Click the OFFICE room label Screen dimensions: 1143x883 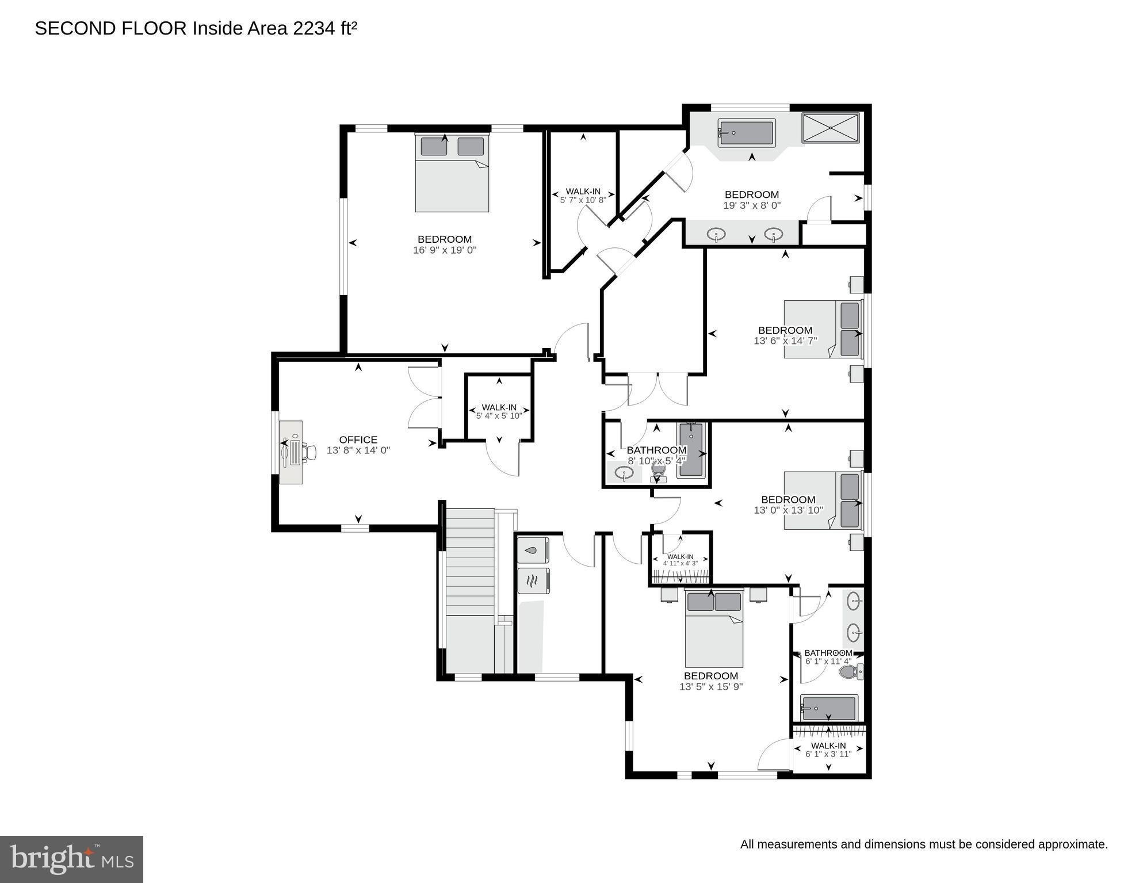358,440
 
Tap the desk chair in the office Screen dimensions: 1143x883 309,452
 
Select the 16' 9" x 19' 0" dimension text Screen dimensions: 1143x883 445,250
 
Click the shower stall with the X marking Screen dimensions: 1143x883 831,128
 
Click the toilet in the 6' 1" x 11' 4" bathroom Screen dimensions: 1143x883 851,671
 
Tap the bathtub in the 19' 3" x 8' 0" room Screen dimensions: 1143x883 746,133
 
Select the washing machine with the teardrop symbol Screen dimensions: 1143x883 533,550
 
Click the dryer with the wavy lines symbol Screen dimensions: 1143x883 533,580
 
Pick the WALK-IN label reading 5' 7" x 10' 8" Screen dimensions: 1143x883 583,196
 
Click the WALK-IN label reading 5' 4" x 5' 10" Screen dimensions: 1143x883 499,411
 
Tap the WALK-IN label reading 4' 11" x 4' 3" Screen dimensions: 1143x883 680,560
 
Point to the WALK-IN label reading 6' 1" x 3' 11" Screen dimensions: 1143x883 828,750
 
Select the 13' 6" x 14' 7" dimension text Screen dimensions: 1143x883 785,341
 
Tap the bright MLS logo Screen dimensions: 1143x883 71,859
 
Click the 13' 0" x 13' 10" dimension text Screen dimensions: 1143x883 788,510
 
